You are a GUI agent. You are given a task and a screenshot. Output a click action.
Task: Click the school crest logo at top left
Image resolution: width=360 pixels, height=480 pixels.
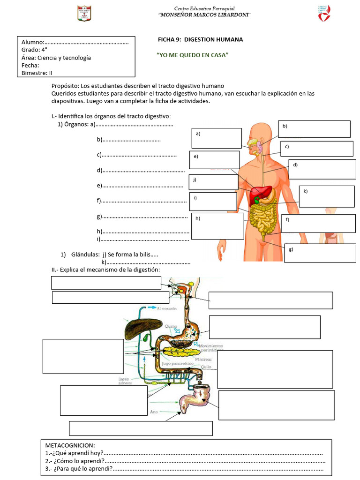[84, 13]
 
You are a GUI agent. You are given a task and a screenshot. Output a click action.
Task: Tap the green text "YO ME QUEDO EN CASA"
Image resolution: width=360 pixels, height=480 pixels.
[192, 55]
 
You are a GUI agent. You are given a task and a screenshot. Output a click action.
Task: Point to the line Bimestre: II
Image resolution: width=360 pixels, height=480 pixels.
[37, 73]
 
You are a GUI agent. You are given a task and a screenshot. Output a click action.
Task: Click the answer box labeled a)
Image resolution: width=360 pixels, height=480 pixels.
[216, 138]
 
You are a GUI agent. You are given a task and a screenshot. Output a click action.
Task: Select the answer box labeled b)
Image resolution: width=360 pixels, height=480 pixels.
[314, 129]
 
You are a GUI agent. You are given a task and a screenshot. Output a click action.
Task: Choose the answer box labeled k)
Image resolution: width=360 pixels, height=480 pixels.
[327, 196]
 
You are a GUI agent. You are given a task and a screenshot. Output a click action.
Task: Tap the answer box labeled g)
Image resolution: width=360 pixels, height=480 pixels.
[320, 253]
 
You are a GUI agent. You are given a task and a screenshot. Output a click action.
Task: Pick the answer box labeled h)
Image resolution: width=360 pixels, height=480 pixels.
[217, 226]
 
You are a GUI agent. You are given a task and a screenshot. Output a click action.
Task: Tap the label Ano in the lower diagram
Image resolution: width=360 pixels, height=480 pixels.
[154, 412]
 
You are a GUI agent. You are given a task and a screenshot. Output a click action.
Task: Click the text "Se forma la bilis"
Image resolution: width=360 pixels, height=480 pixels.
[133, 255]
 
